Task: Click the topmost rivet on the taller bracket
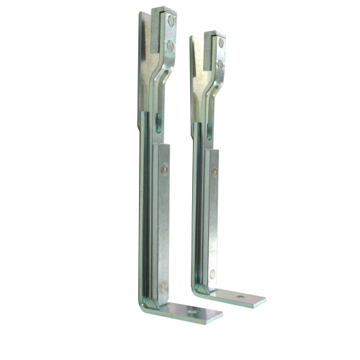coord(171,22)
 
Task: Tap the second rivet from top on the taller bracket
coord(171,45)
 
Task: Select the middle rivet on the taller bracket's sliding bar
coord(164,170)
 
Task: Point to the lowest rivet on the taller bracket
coord(164,286)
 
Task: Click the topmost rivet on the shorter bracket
coord(221,43)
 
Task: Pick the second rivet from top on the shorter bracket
coord(221,64)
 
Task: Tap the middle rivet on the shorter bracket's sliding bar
coord(215,172)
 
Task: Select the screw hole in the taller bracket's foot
coord(194,311)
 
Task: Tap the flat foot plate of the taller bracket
coord(191,312)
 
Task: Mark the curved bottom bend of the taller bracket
coord(148,305)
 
